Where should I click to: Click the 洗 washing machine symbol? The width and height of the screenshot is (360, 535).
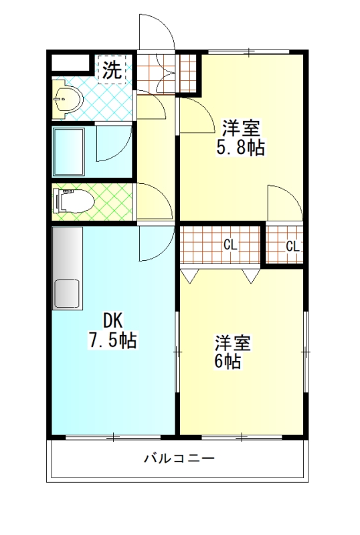point(112,70)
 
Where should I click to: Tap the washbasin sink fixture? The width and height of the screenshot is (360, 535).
point(68,100)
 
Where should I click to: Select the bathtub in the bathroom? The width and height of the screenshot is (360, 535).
point(68,152)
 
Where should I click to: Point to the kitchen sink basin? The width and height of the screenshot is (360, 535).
point(67,293)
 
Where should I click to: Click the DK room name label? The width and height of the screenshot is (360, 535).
point(112,321)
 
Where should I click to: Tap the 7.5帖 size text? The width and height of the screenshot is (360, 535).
point(112,340)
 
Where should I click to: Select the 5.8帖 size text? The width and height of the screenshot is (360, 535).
point(241,147)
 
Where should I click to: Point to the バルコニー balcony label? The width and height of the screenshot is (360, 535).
point(179,457)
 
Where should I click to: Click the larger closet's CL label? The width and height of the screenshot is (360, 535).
point(230,245)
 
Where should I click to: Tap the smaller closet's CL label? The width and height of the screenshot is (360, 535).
point(292,246)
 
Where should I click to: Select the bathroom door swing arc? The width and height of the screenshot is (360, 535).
point(114,143)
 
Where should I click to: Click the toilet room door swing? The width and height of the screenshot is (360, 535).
point(155,202)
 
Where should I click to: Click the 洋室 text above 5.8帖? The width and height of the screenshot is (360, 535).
point(242,128)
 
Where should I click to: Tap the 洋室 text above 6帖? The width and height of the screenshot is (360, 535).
point(233,342)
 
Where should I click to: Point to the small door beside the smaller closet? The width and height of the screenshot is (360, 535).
point(285,203)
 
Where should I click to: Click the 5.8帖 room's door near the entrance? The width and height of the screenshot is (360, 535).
point(196,115)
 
